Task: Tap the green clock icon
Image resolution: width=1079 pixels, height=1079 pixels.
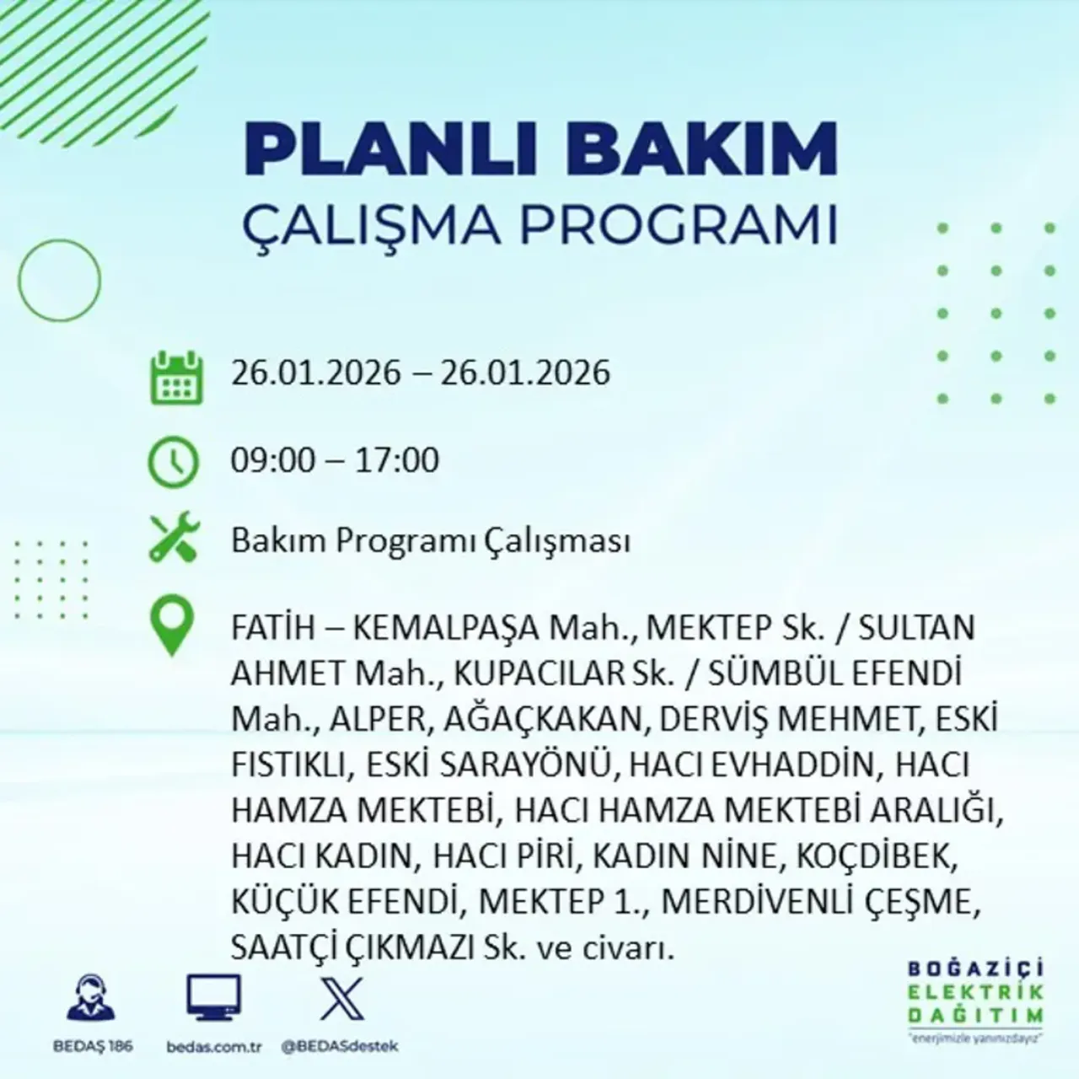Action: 173,462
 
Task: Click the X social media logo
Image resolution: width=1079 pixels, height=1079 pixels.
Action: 342,998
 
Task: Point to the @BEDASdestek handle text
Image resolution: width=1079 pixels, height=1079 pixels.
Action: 340,1046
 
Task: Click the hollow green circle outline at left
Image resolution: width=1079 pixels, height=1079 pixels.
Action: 59,281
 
